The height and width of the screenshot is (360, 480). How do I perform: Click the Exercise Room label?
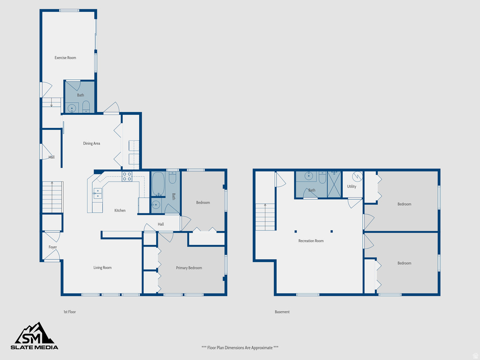point(65,58)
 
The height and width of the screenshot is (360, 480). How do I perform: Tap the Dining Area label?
point(91,143)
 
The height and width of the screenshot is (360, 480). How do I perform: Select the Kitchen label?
point(120,210)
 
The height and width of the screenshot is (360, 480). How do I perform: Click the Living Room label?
point(102,268)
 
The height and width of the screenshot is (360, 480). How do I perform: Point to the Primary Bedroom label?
point(189,268)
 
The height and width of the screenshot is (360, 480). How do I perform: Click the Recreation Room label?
point(311,241)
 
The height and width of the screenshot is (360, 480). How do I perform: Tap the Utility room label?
point(352,187)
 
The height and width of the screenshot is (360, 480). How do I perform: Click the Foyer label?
point(52,247)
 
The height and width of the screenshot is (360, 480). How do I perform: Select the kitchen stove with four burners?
point(127,176)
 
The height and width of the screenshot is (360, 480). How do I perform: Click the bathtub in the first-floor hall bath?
point(158,184)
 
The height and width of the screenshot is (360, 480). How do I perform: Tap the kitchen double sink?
point(97,194)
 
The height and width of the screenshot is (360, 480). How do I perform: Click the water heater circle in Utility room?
point(357,177)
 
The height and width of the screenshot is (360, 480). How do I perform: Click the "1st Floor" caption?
point(69,312)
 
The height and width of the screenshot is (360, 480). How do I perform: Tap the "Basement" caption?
point(282,312)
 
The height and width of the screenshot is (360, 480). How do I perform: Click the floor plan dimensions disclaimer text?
point(240,348)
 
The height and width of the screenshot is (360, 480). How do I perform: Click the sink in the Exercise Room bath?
point(72,108)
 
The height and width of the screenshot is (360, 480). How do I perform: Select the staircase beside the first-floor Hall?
point(52,197)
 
